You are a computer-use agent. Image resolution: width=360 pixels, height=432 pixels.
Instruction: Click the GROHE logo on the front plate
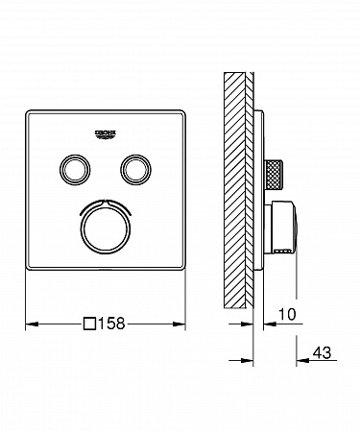105,134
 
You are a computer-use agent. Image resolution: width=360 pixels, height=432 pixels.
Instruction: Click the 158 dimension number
111,324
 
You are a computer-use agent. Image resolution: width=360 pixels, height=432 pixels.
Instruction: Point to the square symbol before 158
89,324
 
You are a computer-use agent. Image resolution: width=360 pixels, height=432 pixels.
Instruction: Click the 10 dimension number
287,314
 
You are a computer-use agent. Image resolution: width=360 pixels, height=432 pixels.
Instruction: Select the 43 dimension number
322,352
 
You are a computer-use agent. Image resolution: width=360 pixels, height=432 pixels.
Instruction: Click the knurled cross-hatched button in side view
274,176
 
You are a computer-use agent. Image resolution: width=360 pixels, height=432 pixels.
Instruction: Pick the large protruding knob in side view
281,228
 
